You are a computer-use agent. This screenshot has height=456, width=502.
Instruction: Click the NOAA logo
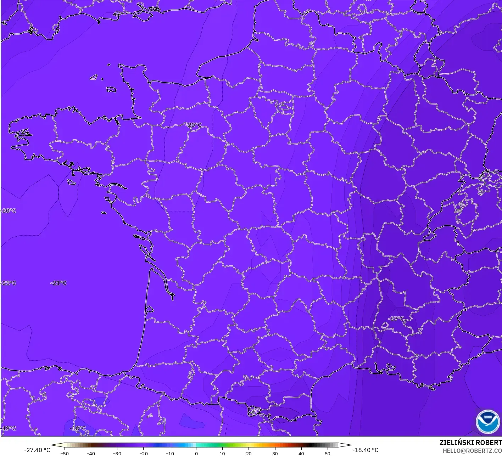[x=487, y=422]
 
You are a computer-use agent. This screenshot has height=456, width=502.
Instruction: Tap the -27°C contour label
[x=396, y=319]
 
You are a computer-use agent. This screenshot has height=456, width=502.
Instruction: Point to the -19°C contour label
[x=9, y=428]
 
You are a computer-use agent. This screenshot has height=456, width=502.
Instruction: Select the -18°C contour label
[x=78, y=428]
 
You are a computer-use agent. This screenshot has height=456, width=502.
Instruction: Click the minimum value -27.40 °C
[x=37, y=450]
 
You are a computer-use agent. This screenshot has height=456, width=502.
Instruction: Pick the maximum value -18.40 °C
[x=365, y=450]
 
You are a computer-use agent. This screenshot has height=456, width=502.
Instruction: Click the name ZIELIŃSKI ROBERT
[x=470, y=443]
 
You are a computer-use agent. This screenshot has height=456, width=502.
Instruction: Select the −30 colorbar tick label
[x=117, y=454]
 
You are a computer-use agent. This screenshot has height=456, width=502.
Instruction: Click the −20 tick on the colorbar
[x=143, y=454]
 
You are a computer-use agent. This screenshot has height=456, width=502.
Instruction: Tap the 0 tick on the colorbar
[x=196, y=454]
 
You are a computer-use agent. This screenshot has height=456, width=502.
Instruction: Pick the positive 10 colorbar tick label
[x=222, y=454]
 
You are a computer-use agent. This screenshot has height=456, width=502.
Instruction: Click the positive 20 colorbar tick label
[x=249, y=454]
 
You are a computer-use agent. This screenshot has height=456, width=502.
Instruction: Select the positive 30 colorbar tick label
[x=275, y=454]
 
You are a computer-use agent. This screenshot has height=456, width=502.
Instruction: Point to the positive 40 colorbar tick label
[x=301, y=454]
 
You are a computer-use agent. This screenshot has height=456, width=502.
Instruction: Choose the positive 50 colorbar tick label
[x=328, y=454]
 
